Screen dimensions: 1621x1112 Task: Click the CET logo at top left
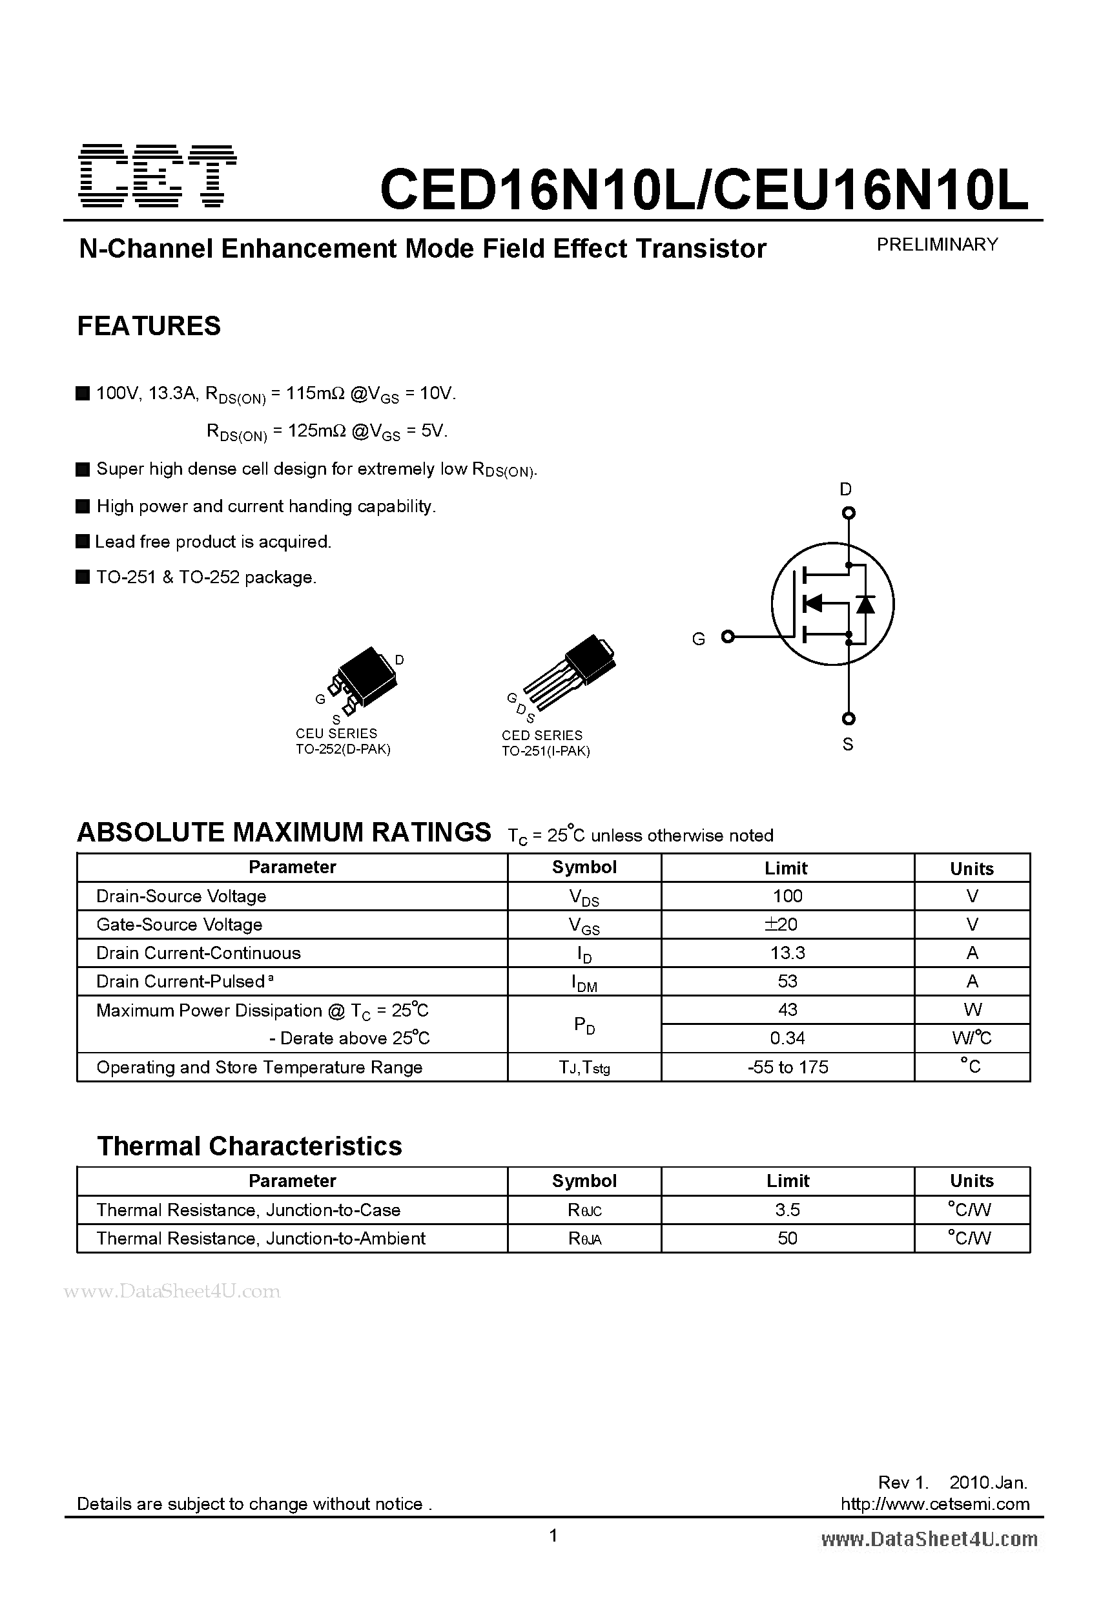(x=158, y=176)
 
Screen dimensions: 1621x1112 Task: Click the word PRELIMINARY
(x=937, y=245)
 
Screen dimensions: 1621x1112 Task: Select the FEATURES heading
(x=149, y=326)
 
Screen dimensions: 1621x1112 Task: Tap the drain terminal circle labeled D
(x=849, y=513)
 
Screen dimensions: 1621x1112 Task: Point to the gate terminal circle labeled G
(x=728, y=636)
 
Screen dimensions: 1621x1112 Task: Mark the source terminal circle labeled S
(x=849, y=718)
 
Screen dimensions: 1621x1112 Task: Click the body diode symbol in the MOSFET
(x=866, y=604)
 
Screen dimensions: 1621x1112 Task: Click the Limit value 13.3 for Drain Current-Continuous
(x=788, y=953)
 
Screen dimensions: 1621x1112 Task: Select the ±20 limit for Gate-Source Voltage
(x=781, y=924)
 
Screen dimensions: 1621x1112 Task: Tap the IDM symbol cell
(x=584, y=982)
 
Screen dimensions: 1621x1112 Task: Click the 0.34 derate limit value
(x=788, y=1038)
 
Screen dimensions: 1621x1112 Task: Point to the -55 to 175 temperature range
(x=788, y=1067)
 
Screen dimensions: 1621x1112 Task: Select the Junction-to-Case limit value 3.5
(x=788, y=1210)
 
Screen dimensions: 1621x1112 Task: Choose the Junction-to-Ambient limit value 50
(x=788, y=1238)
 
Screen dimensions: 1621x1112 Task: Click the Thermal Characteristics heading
(x=249, y=1146)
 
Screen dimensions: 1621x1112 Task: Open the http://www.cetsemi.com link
(x=935, y=1504)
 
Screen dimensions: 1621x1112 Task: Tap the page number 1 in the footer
(x=553, y=1535)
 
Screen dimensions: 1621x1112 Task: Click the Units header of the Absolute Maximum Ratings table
(x=971, y=869)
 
